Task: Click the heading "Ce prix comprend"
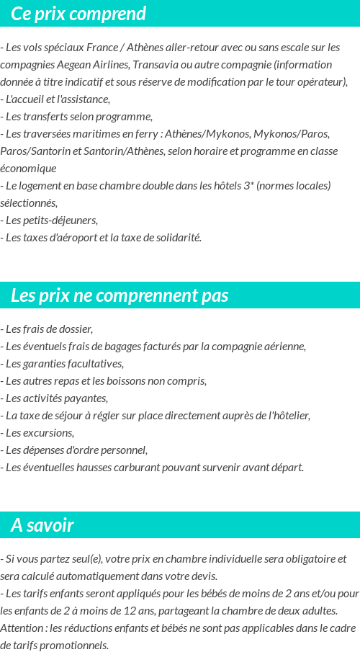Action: [78, 14]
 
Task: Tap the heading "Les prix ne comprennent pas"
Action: [120, 295]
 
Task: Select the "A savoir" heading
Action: [42, 525]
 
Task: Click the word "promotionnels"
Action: [74, 645]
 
